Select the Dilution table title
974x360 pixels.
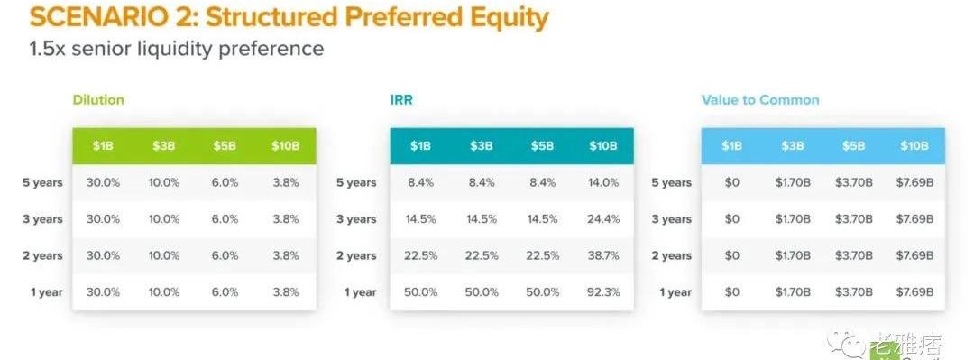click(98, 100)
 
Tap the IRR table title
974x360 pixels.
click(401, 100)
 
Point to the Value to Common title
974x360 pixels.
click(760, 100)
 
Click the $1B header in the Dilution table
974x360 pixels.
click(103, 146)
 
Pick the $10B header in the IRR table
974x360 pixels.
click(602, 146)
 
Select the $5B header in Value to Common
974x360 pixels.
click(853, 146)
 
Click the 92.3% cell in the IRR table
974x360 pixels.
click(603, 292)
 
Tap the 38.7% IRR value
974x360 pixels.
click(603, 255)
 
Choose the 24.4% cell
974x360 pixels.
click(603, 219)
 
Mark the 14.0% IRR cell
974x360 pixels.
click(603, 183)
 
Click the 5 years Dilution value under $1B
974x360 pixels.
click(103, 183)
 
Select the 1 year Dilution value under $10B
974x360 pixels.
click(285, 292)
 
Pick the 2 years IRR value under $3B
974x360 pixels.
click(482, 255)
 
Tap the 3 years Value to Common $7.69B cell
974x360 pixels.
click(914, 219)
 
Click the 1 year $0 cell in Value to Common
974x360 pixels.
click(731, 292)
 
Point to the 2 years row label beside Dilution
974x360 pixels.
click(43, 255)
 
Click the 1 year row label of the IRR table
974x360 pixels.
click(360, 292)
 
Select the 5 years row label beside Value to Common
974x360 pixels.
click(672, 183)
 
